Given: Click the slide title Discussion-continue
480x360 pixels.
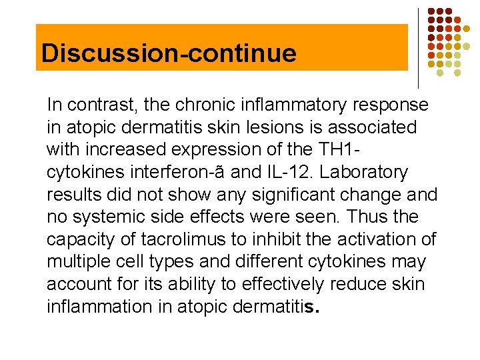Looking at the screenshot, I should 169,53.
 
